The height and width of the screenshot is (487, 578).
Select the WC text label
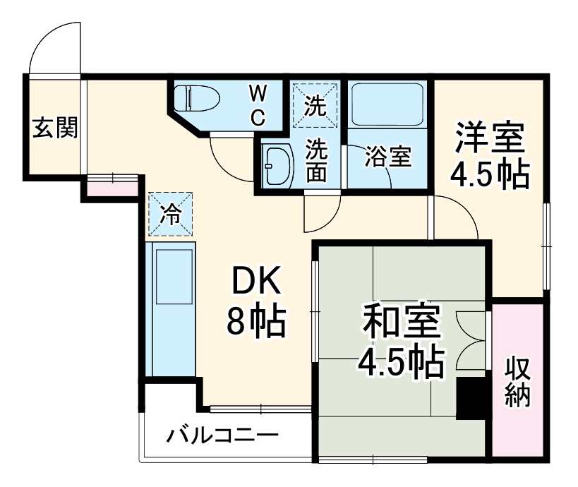point(258,104)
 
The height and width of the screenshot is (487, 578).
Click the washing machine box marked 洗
point(315,104)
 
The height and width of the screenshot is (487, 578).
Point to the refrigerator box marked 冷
point(169,214)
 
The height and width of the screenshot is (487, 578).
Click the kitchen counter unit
point(172,310)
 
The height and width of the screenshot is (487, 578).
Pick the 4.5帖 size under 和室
point(400,363)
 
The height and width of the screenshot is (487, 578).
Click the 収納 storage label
point(518,383)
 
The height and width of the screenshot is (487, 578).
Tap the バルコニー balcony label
point(222,435)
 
